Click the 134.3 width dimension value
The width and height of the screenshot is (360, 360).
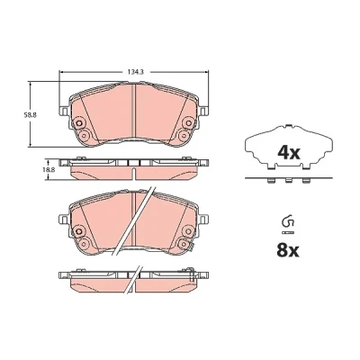132,72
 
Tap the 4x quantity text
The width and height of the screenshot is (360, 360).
289,153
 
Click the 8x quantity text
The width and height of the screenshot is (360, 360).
288,250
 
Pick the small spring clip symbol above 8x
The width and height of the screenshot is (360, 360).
288,221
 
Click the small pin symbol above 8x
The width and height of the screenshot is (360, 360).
288,232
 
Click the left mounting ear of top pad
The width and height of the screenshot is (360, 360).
64,111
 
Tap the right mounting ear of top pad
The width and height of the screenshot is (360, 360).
203,111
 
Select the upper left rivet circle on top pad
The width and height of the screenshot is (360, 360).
79,123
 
